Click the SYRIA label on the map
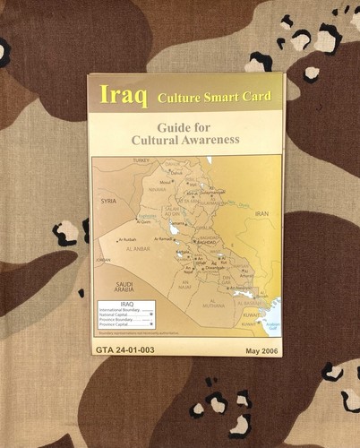[x=109, y=201]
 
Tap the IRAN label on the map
[x=261, y=213]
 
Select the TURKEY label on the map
[x=141, y=160]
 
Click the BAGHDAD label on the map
[x=207, y=242]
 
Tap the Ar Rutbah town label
[x=128, y=240]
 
